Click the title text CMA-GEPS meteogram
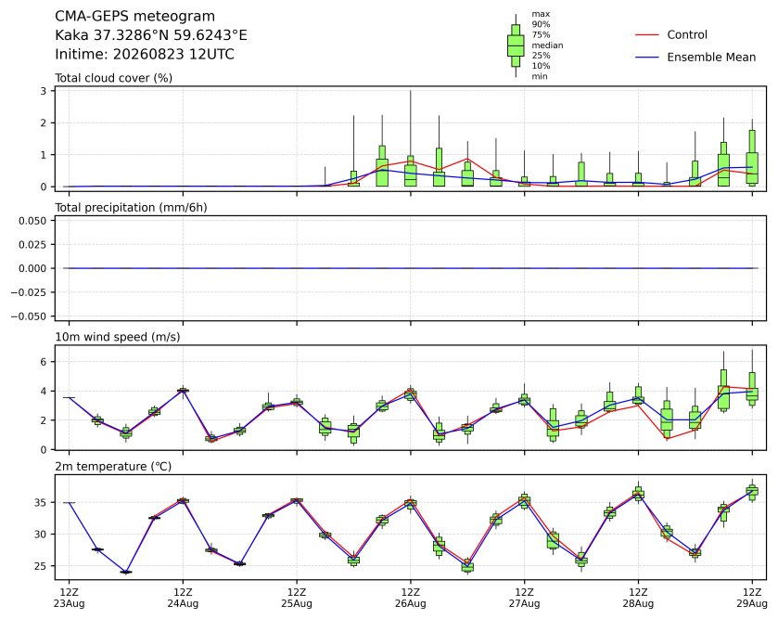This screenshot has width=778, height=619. pos(134,17)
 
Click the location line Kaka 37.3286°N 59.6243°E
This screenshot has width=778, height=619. pos(151,35)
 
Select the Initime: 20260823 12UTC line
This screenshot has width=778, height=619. pos(145,54)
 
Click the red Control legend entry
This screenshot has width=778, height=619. pos(671,34)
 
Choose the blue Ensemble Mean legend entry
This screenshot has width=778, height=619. pos(695,58)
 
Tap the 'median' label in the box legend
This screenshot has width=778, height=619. pos(547,45)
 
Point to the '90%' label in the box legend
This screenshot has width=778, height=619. pos(541,24)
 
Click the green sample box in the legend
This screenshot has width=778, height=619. pos(516,45)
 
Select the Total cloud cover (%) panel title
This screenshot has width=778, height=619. pos(114,78)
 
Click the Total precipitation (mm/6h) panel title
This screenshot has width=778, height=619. pos(131,208)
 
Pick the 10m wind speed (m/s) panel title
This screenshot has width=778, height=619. pos(118,337)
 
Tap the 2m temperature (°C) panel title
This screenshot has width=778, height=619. pos(113,467)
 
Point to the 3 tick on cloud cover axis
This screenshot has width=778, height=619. pos(44,91)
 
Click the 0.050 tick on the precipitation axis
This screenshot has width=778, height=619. pos(32,220)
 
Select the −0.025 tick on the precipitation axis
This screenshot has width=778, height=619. pos(29,292)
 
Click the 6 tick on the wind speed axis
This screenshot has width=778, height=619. pos(44,362)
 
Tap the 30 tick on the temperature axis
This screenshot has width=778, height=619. pos(41,535)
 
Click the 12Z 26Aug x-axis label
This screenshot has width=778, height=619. pos(411,599)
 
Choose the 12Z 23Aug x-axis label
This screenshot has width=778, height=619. pos(69,599)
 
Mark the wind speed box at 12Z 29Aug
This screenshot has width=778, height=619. pos(752,387)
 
